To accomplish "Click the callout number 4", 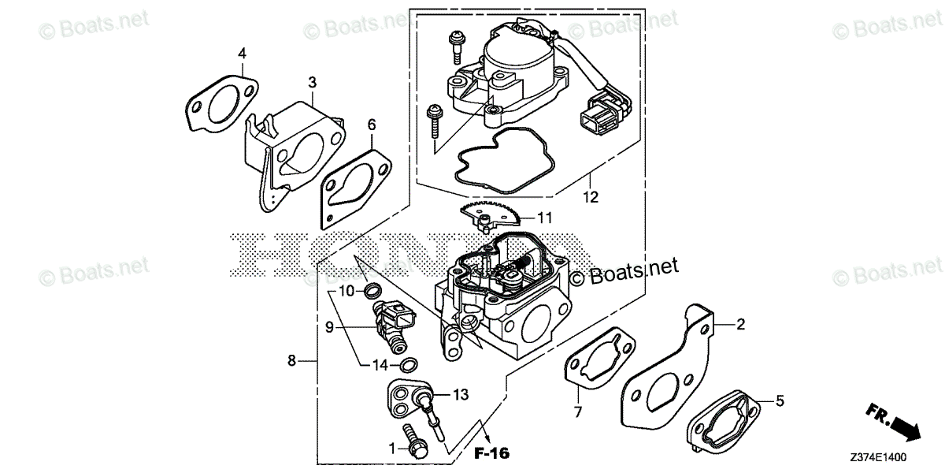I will click(243, 53).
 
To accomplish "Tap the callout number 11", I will click(545, 217).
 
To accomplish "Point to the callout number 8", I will click(292, 360).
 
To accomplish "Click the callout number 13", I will click(461, 393).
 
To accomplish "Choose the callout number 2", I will click(740, 323).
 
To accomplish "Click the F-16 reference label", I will click(492, 453).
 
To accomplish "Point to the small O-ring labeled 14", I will click(409, 364).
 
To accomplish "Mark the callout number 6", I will click(372, 124).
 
